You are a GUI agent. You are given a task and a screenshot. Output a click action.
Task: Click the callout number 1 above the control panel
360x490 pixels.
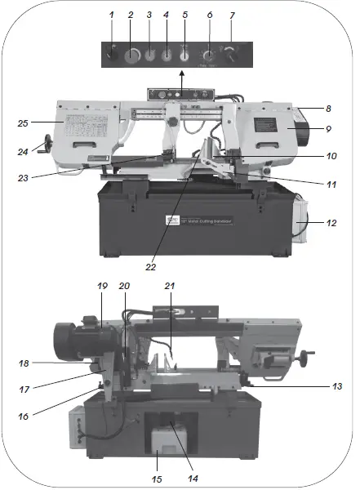(x=113, y=16)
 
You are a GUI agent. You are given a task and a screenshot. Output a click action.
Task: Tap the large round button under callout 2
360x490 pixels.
(x=131, y=56)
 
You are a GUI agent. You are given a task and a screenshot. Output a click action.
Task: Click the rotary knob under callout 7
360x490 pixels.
(x=232, y=56)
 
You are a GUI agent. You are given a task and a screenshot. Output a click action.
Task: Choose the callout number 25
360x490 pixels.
(x=24, y=123)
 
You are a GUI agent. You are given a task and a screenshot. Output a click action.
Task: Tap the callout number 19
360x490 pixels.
(x=103, y=287)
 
